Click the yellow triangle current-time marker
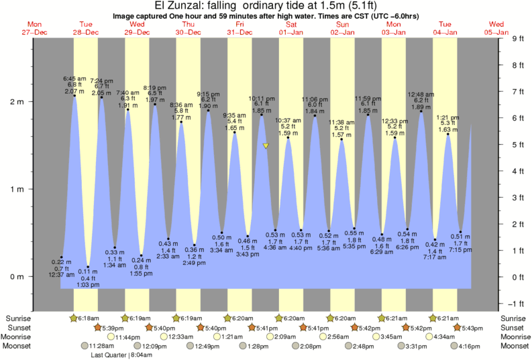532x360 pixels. [266, 145]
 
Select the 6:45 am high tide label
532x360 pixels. [74, 78]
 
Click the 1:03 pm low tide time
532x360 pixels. [87, 286]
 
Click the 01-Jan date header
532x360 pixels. [291, 32]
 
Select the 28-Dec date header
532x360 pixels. [86, 32]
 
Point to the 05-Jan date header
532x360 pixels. [496, 32]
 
